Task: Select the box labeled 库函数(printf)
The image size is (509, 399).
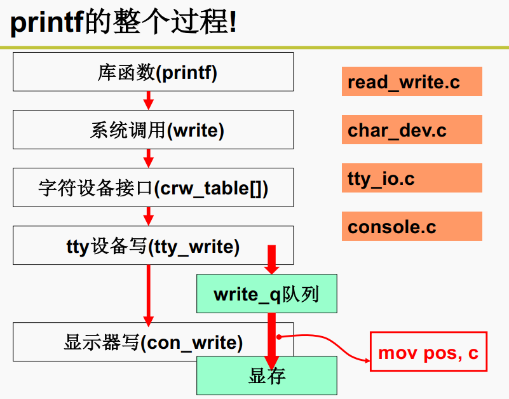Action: coord(153,72)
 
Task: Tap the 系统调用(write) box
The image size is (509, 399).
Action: coord(153,130)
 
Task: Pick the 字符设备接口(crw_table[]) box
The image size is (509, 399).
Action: coord(153,187)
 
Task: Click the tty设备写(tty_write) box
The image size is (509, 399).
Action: coord(153,245)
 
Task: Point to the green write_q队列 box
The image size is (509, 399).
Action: coord(266,294)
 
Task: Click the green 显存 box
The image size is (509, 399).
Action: coord(266,375)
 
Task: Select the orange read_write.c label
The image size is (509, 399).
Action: coord(412,81)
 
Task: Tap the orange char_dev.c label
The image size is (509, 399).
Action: coord(412,130)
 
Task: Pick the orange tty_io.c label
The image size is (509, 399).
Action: coord(412,178)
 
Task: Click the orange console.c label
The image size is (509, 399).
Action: coord(412,226)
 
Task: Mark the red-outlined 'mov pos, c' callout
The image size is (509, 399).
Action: coord(428,351)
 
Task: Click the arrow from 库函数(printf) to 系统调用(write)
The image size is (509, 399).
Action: coord(149,100)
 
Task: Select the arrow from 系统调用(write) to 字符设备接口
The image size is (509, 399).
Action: coord(149,158)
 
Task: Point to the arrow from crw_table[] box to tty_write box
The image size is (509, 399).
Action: coord(149,216)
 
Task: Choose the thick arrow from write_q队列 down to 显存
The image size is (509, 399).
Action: coord(272,334)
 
